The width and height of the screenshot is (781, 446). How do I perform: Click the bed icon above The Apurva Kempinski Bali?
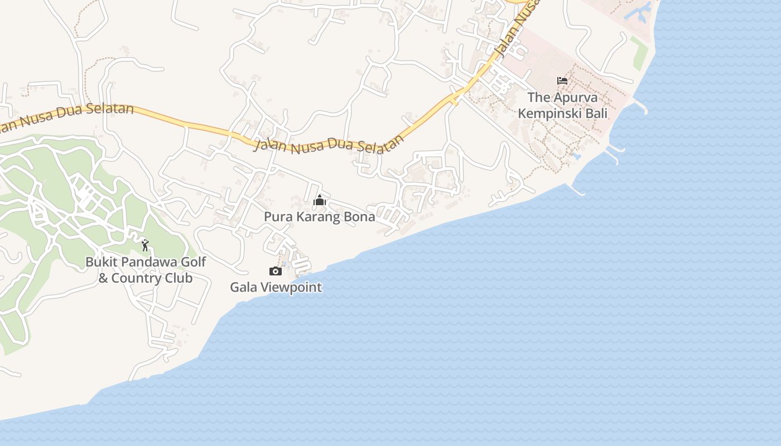click(x=562, y=81)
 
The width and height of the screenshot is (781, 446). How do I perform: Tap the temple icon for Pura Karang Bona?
click(x=320, y=200)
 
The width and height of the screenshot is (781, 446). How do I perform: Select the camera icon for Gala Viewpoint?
click(x=276, y=272)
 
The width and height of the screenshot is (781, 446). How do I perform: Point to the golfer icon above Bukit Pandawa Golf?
click(x=145, y=245)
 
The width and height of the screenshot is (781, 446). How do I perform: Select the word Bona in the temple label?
click(x=359, y=217)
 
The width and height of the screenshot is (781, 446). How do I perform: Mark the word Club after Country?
click(x=179, y=278)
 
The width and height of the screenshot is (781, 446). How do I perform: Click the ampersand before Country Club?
click(x=103, y=278)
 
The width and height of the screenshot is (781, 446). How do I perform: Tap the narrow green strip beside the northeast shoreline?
click(x=639, y=52)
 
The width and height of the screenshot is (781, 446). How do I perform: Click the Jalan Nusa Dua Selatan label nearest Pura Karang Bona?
click(x=329, y=144)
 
